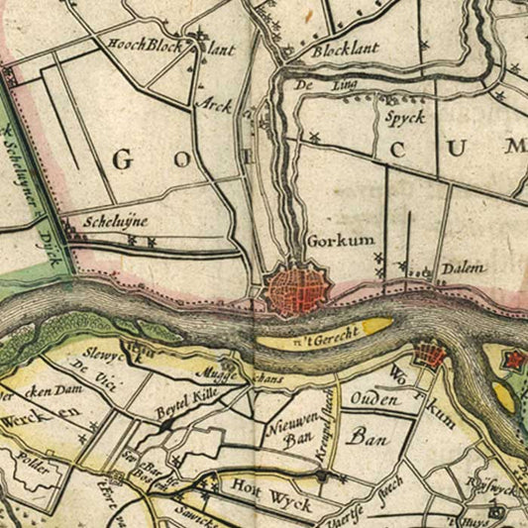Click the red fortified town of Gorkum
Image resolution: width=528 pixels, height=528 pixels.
point(292,288)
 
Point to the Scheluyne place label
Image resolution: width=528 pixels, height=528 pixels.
point(110,223)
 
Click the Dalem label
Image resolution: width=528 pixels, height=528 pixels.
point(465,267)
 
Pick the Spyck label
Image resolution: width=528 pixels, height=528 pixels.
point(405,117)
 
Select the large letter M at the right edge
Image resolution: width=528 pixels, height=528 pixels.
point(513,148)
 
